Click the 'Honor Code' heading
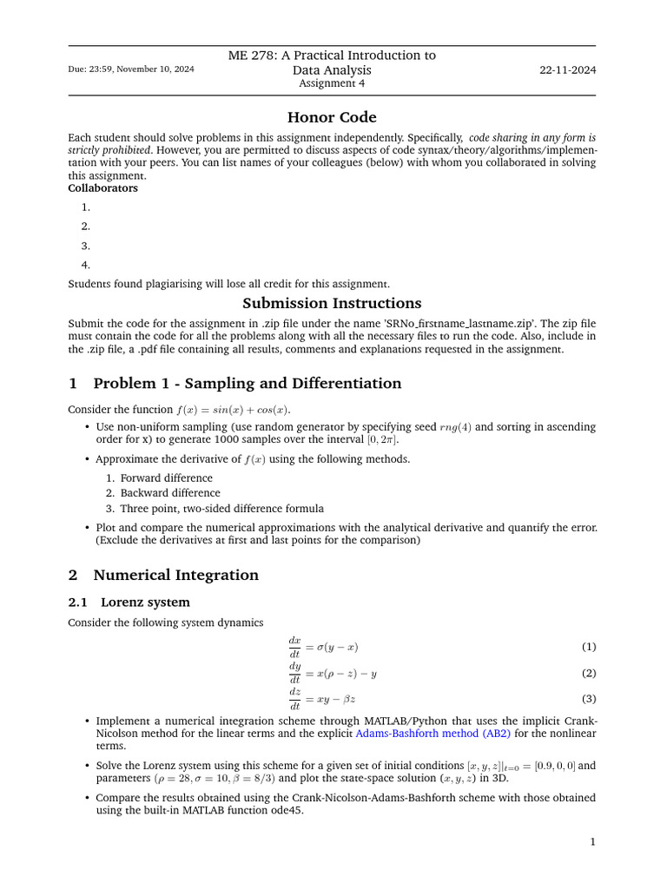click(332, 117)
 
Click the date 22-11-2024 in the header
click(567, 69)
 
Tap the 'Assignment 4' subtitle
click(332, 83)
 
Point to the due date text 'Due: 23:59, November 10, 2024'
click(131, 69)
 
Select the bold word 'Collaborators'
click(102, 188)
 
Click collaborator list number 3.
click(86, 246)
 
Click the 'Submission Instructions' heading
click(332, 303)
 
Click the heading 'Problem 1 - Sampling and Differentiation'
click(247, 384)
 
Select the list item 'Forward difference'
click(166, 477)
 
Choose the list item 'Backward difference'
click(170, 493)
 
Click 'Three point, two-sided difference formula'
click(221, 509)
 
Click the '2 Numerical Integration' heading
click(163, 575)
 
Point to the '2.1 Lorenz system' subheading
click(129, 602)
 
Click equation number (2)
click(588, 673)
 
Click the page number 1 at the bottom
click(592, 841)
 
